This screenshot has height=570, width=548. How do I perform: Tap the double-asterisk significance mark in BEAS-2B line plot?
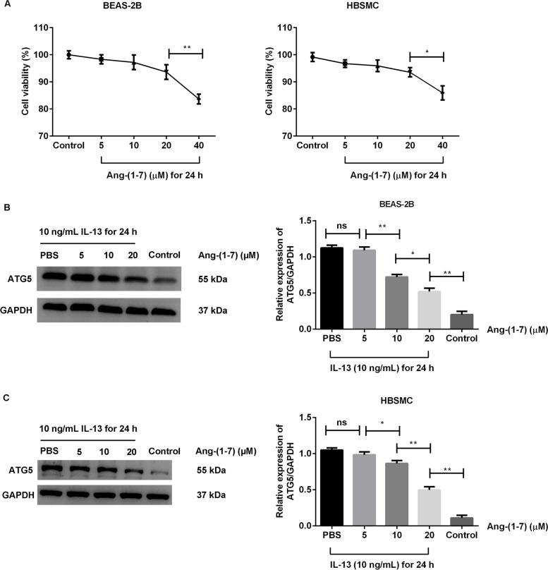pyautogui.click(x=186, y=47)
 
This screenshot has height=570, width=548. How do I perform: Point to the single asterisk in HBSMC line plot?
pyautogui.click(x=427, y=50)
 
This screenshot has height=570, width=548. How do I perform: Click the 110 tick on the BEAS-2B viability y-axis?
pyautogui.click(x=40, y=28)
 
